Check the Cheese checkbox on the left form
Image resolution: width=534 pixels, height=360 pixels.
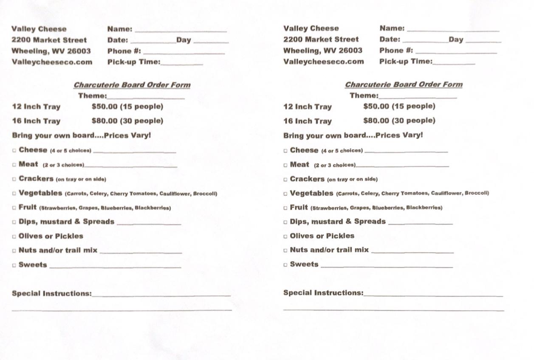click(14, 150)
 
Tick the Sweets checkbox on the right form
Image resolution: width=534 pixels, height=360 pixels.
click(285, 264)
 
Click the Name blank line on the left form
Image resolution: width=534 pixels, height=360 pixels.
click(181, 30)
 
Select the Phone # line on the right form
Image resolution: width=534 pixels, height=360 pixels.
click(456, 52)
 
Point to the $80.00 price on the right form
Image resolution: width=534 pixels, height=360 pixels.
click(376, 120)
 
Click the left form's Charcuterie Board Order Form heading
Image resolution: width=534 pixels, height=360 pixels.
click(132, 85)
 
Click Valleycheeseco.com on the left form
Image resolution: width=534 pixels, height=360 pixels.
click(52, 62)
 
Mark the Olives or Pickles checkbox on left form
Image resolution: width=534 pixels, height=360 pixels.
click(14, 236)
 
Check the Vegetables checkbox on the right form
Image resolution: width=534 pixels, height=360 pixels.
click(285, 194)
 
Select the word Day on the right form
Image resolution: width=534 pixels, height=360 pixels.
click(456, 39)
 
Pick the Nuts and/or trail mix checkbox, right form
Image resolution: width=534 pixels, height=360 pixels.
click(285, 250)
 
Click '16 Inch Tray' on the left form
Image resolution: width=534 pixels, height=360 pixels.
click(37, 121)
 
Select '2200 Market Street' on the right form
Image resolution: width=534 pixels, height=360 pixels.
click(321, 39)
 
